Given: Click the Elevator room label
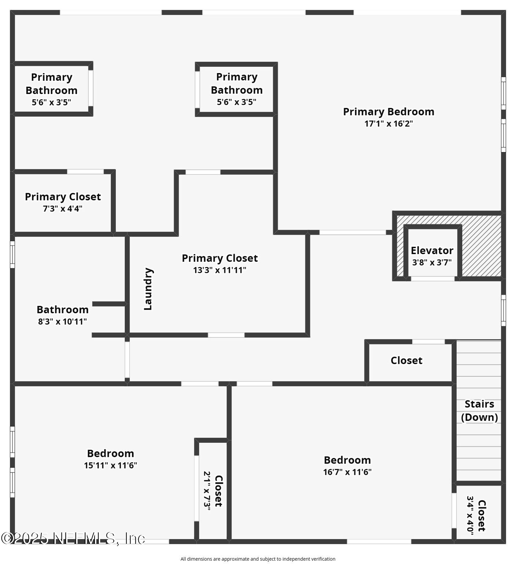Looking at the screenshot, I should click(432, 250).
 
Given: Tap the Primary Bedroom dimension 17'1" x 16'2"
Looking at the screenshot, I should click(388, 124).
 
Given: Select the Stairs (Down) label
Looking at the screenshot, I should click(479, 411).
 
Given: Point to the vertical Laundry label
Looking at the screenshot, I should click(148, 289).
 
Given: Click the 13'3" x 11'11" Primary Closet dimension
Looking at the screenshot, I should click(219, 270).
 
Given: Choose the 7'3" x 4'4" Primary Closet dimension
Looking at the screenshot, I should click(62, 209).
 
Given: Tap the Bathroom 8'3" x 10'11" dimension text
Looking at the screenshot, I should click(62, 322).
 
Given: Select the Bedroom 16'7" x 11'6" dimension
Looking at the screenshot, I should click(347, 472).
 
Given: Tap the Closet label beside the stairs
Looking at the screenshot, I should click(406, 361).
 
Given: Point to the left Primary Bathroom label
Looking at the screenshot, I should click(51, 84).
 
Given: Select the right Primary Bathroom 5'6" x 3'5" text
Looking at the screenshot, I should click(237, 102).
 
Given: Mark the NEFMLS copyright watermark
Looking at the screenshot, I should click(73, 539).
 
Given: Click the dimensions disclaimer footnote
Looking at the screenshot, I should click(258, 559).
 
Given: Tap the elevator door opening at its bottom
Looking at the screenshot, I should click(433, 279).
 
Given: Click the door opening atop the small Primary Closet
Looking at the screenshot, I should click(85, 171).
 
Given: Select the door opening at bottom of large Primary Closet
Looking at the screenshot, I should click(226, 335).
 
